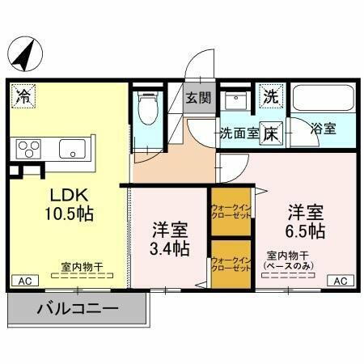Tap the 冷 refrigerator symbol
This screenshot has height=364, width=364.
point(24,96)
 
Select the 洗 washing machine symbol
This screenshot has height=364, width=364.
point(269,95)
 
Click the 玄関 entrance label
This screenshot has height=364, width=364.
point(198,99)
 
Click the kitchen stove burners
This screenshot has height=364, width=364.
point(31,149)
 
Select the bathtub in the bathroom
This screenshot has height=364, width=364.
point(320,99)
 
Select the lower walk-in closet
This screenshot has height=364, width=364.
point(230,265)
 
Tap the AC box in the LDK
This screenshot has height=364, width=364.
point(24,280)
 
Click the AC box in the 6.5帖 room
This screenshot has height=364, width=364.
point(340,280)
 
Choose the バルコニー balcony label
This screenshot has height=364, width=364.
point(78,308)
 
